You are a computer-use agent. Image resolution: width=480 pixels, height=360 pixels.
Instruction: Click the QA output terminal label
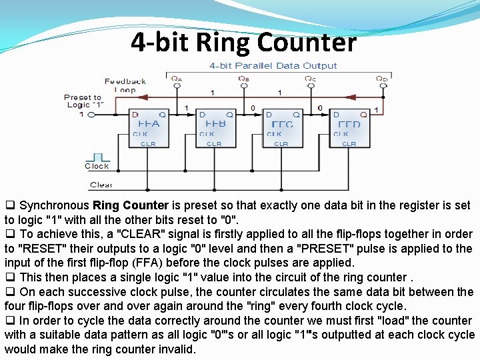coord(176,79)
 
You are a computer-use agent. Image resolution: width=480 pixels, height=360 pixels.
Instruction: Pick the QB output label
coord(244,79)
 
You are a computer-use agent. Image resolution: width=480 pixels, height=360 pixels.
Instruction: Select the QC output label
coord(310,79)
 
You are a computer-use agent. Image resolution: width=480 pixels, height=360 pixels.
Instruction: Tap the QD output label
coord(381,79)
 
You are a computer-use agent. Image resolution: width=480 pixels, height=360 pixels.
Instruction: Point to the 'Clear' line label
coord(101,185)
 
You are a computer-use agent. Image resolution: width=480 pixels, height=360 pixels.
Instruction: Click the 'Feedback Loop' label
coord(125,85)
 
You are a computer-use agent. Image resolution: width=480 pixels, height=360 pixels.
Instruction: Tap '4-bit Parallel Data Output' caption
coord(273,65)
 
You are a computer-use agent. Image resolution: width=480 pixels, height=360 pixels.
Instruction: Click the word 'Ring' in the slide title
coord(223,42)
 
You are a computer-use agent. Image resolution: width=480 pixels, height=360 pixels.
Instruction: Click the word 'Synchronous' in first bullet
coord(55,205)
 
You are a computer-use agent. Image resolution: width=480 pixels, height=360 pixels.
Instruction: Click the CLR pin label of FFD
coord(349,144)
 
